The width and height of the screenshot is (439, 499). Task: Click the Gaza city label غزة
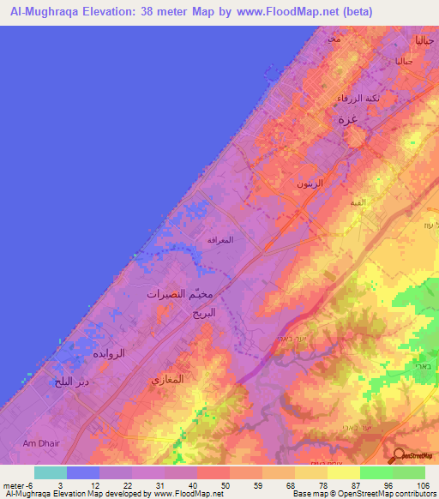tap(350, 121)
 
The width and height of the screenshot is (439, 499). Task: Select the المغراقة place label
tap(221, 241)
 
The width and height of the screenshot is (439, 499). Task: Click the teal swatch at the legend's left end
tap(51, 472)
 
